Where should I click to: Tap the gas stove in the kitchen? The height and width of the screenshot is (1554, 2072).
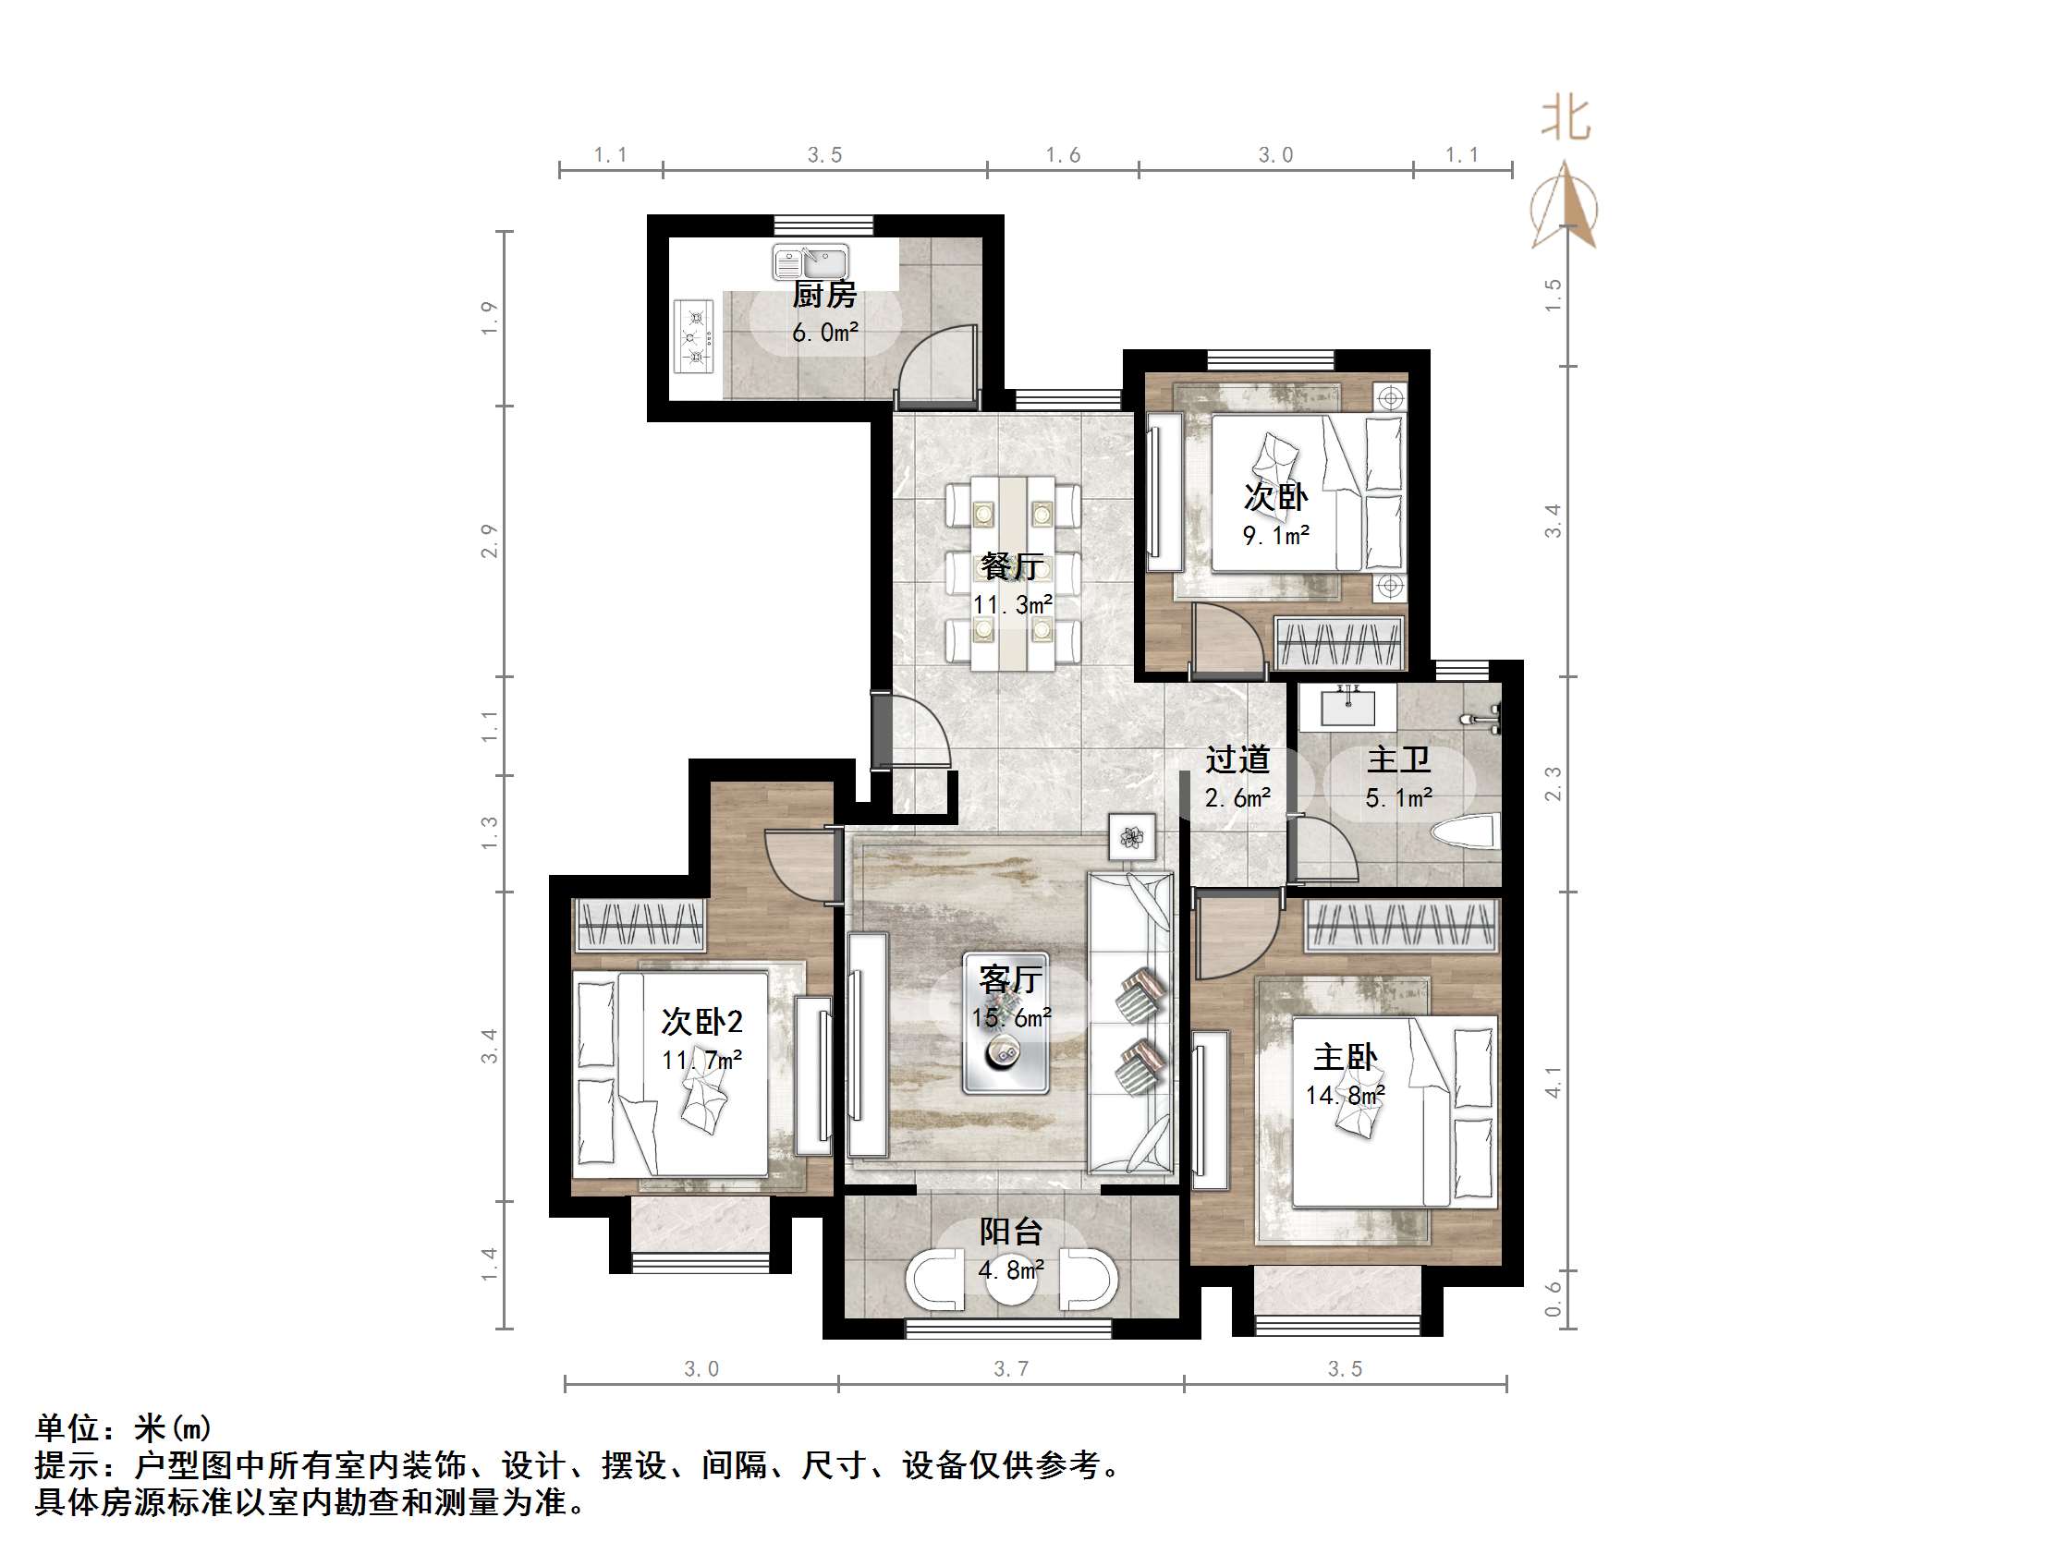[x=694, y=335]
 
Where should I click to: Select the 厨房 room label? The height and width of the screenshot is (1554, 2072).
[x=824, y=295]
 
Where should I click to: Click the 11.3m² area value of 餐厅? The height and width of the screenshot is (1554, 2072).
[x=1012, y=605]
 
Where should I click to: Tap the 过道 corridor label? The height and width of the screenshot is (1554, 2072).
[x=1237, y=759]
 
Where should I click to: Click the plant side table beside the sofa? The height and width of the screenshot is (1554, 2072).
[x=1131, y=835]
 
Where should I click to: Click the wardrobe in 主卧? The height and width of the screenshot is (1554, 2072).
[x=1401, y=926]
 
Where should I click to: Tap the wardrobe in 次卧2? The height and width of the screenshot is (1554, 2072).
[x=640, y=926]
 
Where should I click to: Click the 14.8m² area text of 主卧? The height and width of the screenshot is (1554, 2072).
[x=1345, y=1095]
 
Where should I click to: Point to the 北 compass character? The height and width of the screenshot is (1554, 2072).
[x=1566, y=120]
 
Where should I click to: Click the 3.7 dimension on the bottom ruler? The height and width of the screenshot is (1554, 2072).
[x=1011, y=1369]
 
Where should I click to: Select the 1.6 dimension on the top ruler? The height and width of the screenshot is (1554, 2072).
[x=1062, y=155]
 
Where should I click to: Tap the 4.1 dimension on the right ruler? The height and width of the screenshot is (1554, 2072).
[x=1553, y=1082]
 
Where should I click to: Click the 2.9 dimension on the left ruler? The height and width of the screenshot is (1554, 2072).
[x=489, y=540]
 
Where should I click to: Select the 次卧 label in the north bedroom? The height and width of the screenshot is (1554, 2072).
[x=1274, y=496]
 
